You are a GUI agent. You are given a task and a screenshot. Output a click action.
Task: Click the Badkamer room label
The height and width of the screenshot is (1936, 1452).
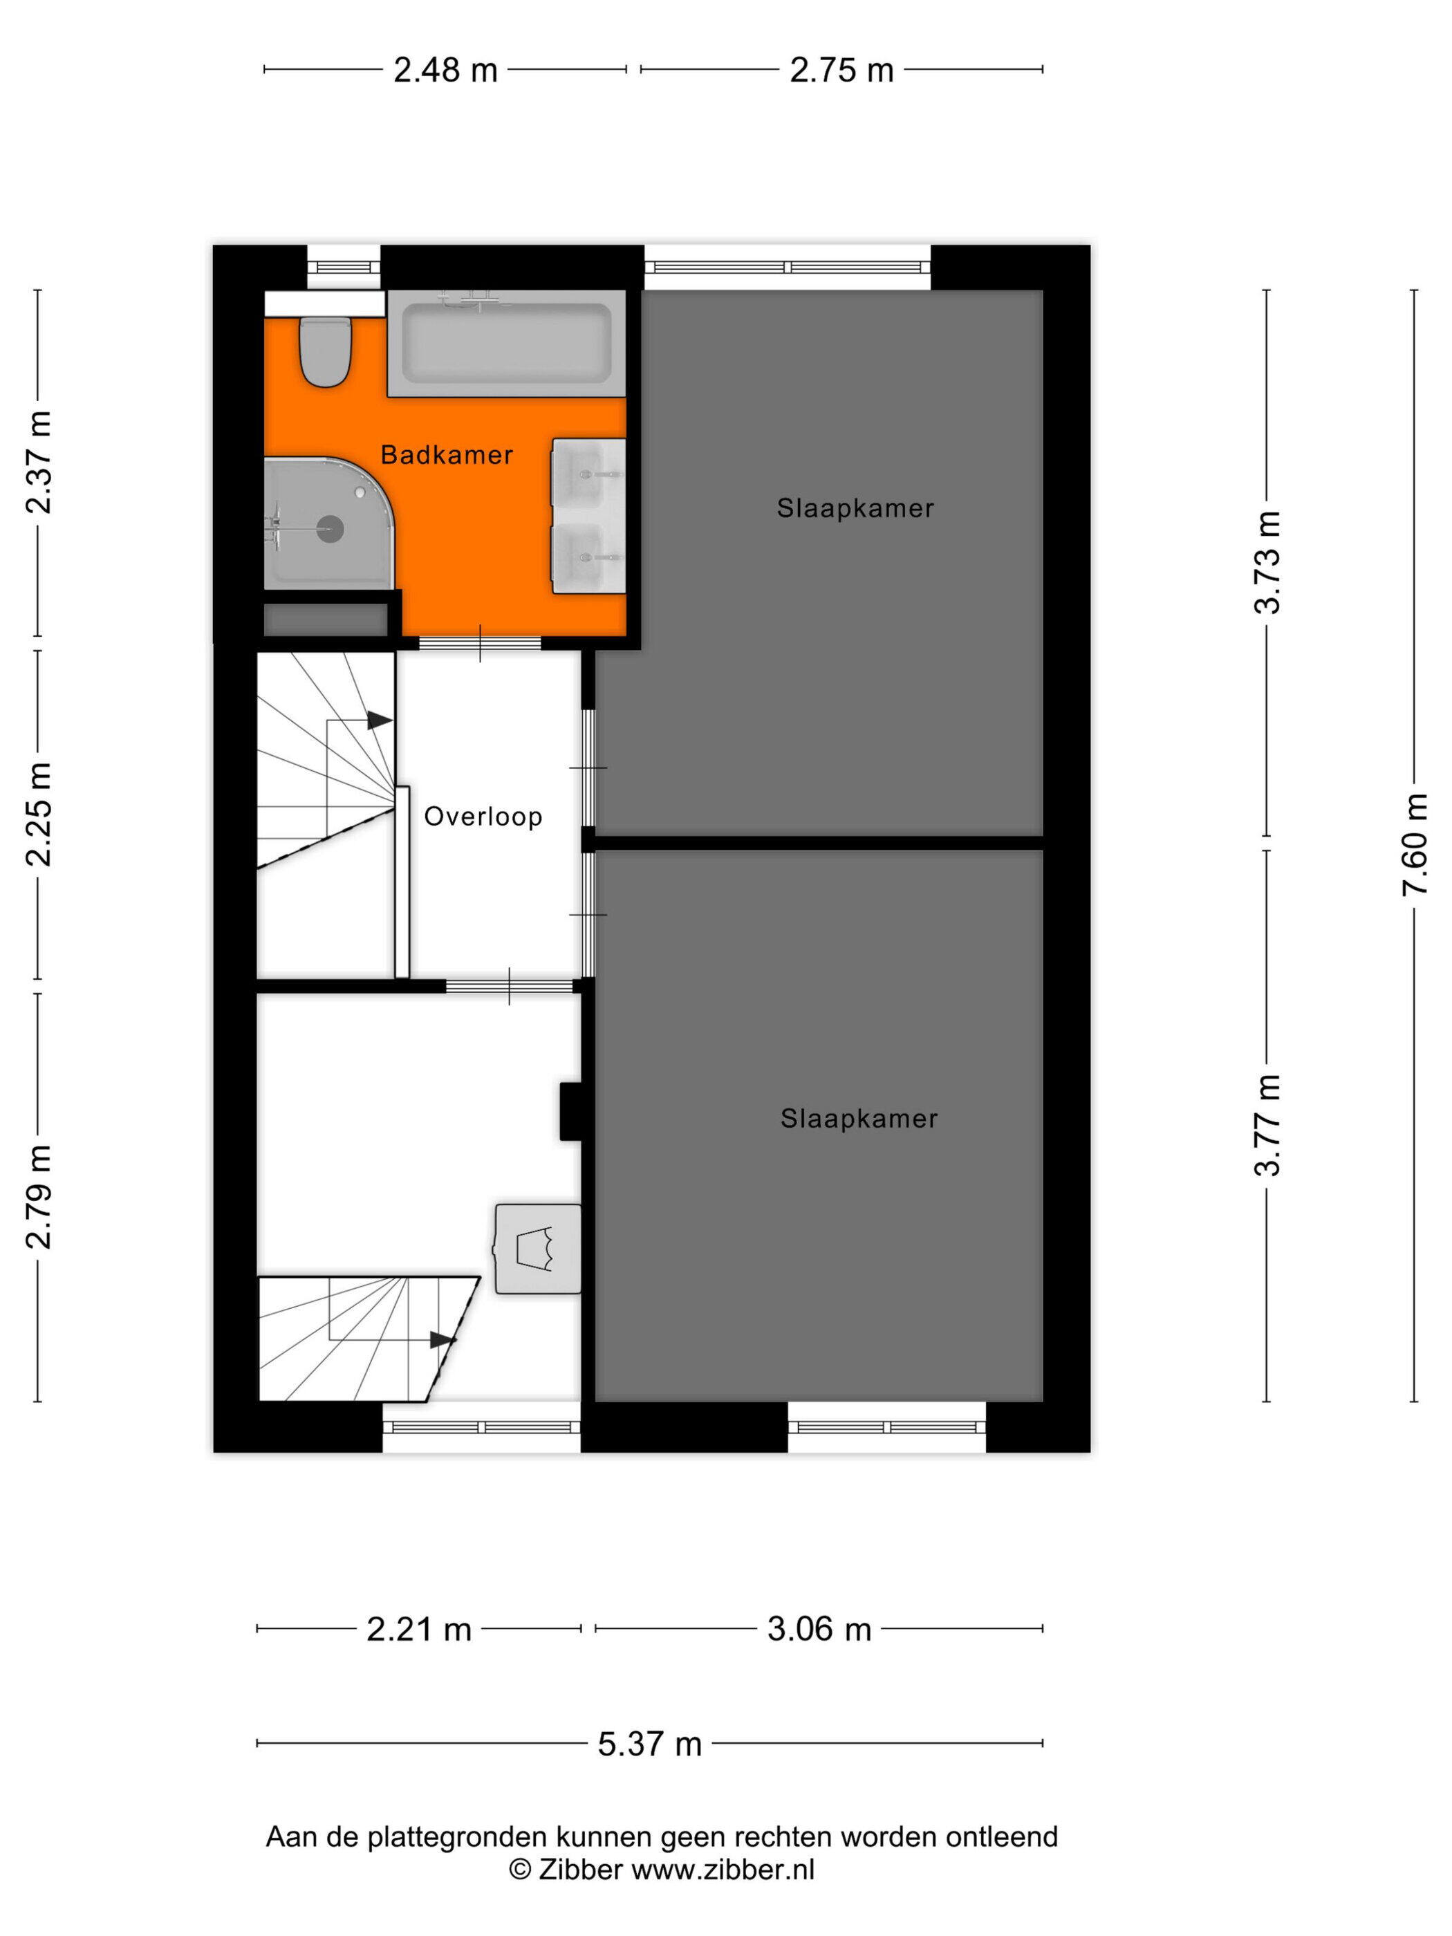447,454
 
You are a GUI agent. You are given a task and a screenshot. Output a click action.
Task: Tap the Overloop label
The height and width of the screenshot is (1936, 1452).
483,817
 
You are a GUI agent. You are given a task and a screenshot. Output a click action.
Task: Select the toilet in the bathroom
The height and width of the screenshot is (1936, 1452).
326,351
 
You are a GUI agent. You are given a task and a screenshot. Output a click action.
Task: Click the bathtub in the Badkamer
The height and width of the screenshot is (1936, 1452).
507,344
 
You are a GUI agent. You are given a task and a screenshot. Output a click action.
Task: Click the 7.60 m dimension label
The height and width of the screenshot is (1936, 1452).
1415,844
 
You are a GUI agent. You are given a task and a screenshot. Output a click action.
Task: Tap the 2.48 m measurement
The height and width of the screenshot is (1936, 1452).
445,70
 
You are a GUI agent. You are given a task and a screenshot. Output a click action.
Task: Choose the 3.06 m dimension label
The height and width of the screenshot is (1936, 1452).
819,1629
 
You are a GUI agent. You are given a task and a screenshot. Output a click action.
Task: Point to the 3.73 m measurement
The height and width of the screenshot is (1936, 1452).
1267,562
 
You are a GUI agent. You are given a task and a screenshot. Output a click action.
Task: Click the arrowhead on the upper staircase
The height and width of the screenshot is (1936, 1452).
379,720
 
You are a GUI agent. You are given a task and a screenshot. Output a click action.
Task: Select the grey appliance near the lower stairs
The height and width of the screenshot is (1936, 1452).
538,1249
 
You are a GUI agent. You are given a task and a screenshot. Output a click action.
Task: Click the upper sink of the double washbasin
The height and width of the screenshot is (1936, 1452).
588,473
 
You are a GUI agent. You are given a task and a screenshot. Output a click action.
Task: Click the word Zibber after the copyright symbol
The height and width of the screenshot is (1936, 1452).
580,1870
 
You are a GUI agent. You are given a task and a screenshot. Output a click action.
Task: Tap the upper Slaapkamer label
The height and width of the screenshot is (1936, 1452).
855,508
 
